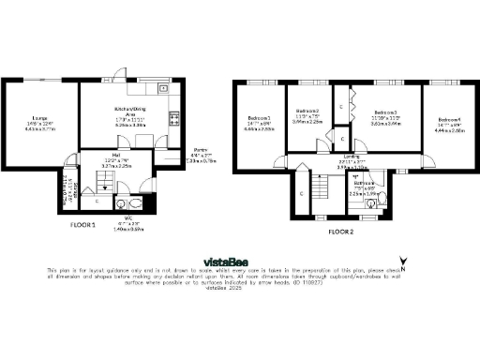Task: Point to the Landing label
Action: pos(352,157)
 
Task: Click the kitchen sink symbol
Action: pos(164,88)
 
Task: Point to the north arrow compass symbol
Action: pos(402,265)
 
